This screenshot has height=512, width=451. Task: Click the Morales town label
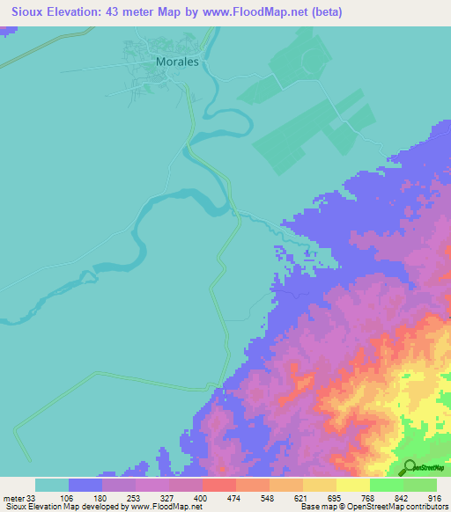click(178, 62)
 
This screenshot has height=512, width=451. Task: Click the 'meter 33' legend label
click(18, 497)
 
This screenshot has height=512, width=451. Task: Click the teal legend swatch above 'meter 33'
click(52, 485)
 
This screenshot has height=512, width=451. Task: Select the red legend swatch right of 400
click(218, 485)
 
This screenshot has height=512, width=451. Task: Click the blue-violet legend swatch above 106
click(85, 485)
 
